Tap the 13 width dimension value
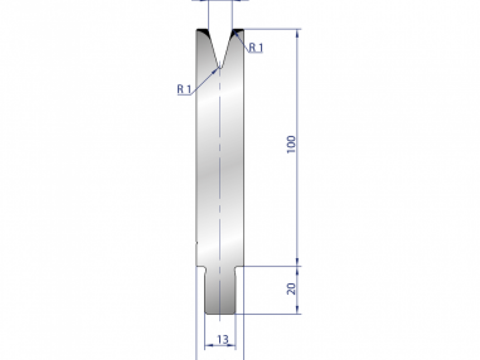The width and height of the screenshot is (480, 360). (x=223, y=340)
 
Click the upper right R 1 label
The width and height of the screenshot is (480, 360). (x=256, y=48)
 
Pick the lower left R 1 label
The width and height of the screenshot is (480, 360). (x=184, y=89)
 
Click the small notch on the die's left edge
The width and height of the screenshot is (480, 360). (x=196, y=242)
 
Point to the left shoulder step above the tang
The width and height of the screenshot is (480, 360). (x=201, y=267)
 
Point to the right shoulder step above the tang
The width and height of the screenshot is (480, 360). (x=239, y=267)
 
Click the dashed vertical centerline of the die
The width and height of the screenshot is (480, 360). (x=220, y=160)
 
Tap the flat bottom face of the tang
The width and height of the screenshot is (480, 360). (x=220, y=314)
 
